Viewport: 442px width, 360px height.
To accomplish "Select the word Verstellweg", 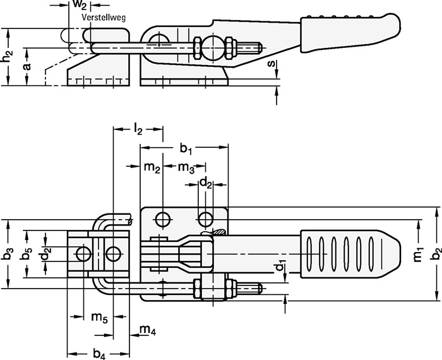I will point(104,18).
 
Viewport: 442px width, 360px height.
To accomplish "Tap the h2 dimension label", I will point(6,57).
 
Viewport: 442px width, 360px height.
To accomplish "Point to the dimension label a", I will point(26,67).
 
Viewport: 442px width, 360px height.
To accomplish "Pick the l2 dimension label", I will point(137,131).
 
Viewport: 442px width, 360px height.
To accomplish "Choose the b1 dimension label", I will point(185,149).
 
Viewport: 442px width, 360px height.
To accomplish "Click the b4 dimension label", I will point(99,354).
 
